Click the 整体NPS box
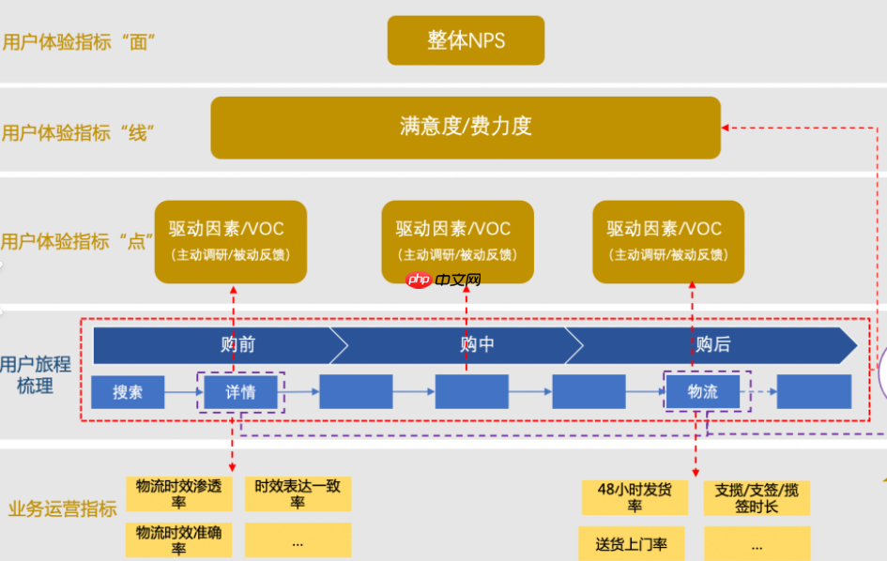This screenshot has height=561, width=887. click(466, 40)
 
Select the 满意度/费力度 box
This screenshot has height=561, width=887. click(466, 127)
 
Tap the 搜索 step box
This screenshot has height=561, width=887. click(128, 392)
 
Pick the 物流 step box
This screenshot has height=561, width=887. click(702, 392)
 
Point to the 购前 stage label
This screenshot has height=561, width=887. click(238, 345)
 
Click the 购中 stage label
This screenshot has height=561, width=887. click(477, 345)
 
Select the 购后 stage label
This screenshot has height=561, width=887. click(712, 345)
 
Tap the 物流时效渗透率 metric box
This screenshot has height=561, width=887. click(179, 493)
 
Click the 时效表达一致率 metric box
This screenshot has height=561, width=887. click(298, 493)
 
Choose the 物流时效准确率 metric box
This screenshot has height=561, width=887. click(179, 539)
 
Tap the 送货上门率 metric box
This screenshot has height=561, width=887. click(633, 543)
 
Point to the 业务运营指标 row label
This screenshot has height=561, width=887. click(62, 509)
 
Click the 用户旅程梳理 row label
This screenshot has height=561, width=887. click(36, 375)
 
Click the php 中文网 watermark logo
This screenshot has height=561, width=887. click(444, 280)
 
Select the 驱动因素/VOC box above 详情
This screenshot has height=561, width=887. click(231, 241)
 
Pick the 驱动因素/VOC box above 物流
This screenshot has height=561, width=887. click(668, 241)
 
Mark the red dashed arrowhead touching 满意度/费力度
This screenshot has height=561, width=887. click(726, 127)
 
